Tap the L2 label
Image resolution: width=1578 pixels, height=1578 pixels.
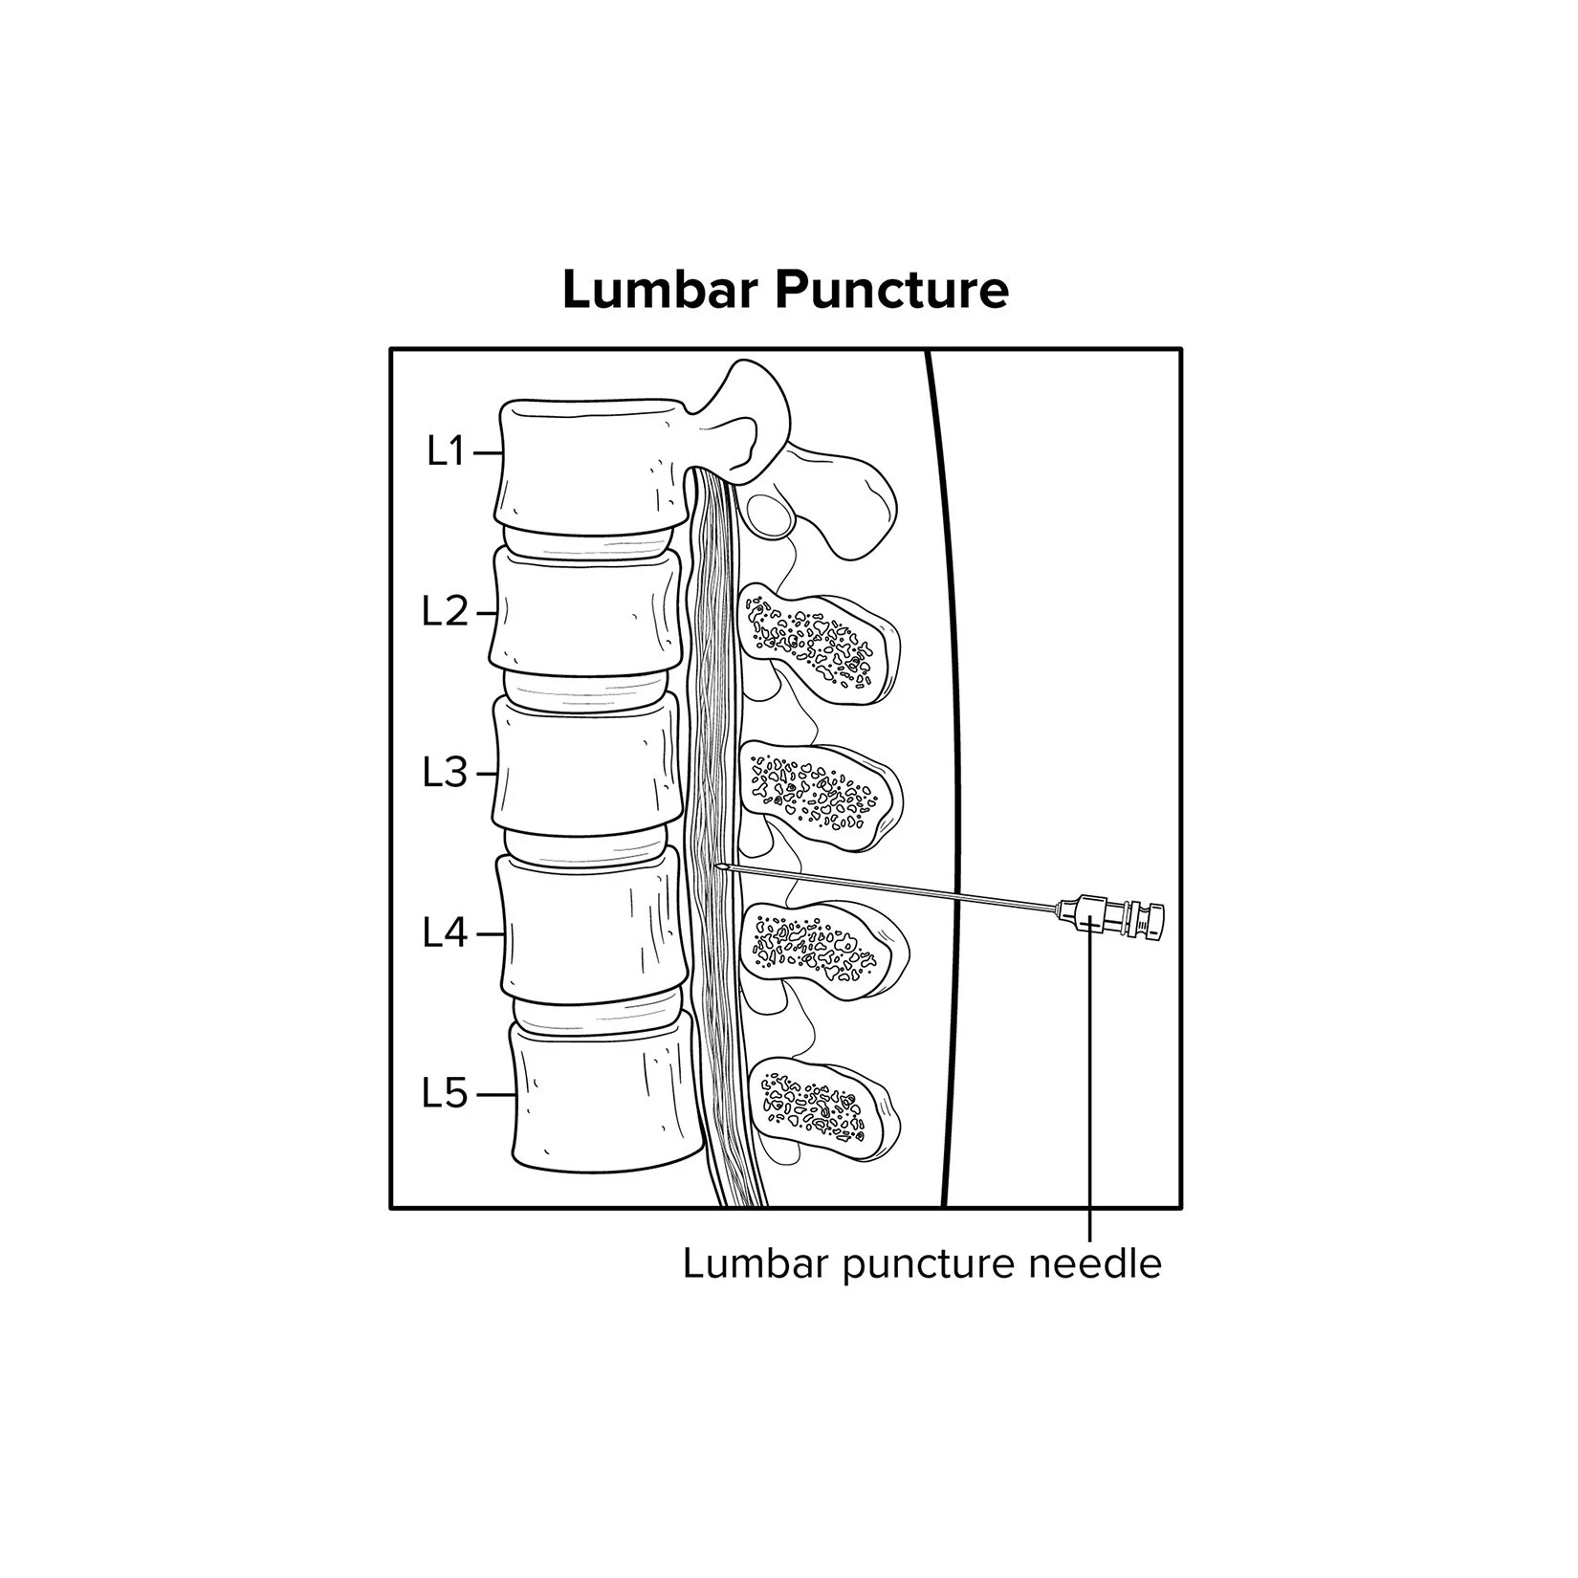pos(445,612)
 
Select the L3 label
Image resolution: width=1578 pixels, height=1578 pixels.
pos(445,773)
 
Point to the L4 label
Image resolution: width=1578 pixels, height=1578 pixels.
pos(445,933)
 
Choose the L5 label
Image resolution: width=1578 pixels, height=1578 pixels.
pos(445,1094)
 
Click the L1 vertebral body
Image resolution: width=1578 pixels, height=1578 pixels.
pos(591,464)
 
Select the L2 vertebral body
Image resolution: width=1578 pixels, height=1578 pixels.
pos(585,612)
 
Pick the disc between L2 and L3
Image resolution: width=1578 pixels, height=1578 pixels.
pos(583,685)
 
